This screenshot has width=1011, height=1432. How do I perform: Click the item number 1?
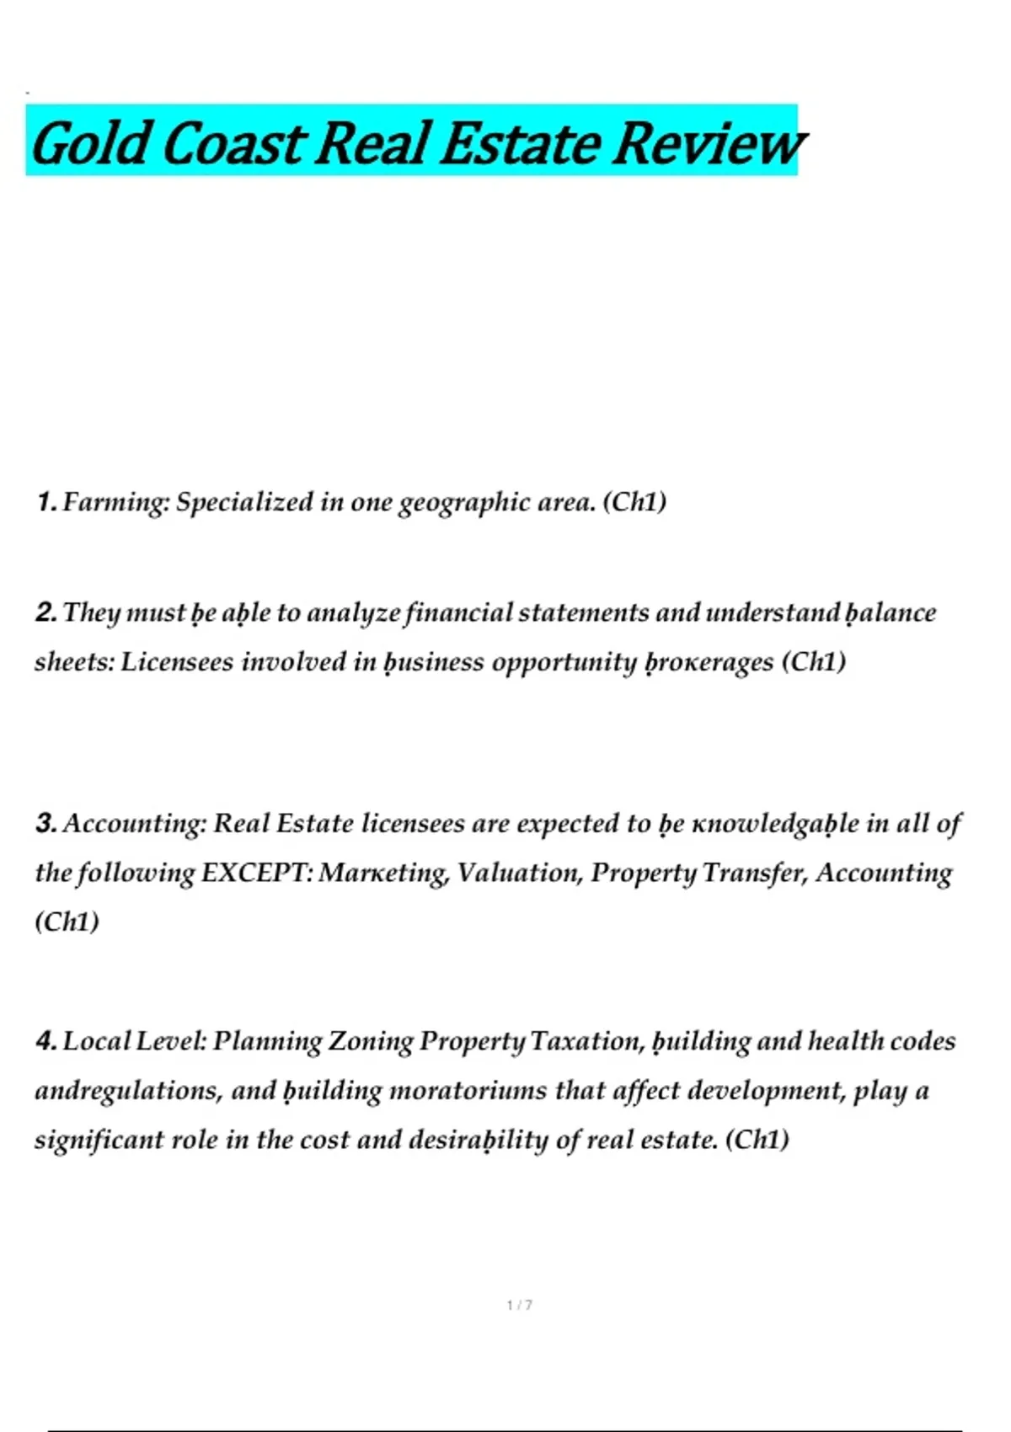[x=45, y=503]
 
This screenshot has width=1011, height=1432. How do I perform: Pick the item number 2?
[x=45, y=612]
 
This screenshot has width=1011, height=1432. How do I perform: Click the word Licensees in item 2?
[x=177, y=662]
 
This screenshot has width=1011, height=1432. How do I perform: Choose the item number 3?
[x=45, y=823]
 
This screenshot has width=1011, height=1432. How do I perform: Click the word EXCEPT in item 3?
[x=256, y=873]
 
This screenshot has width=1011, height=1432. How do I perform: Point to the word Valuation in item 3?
[x=520, y=873]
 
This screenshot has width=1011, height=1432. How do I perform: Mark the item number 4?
[x=45, y=1041]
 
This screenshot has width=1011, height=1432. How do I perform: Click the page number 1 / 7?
[x=519, y=1305]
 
